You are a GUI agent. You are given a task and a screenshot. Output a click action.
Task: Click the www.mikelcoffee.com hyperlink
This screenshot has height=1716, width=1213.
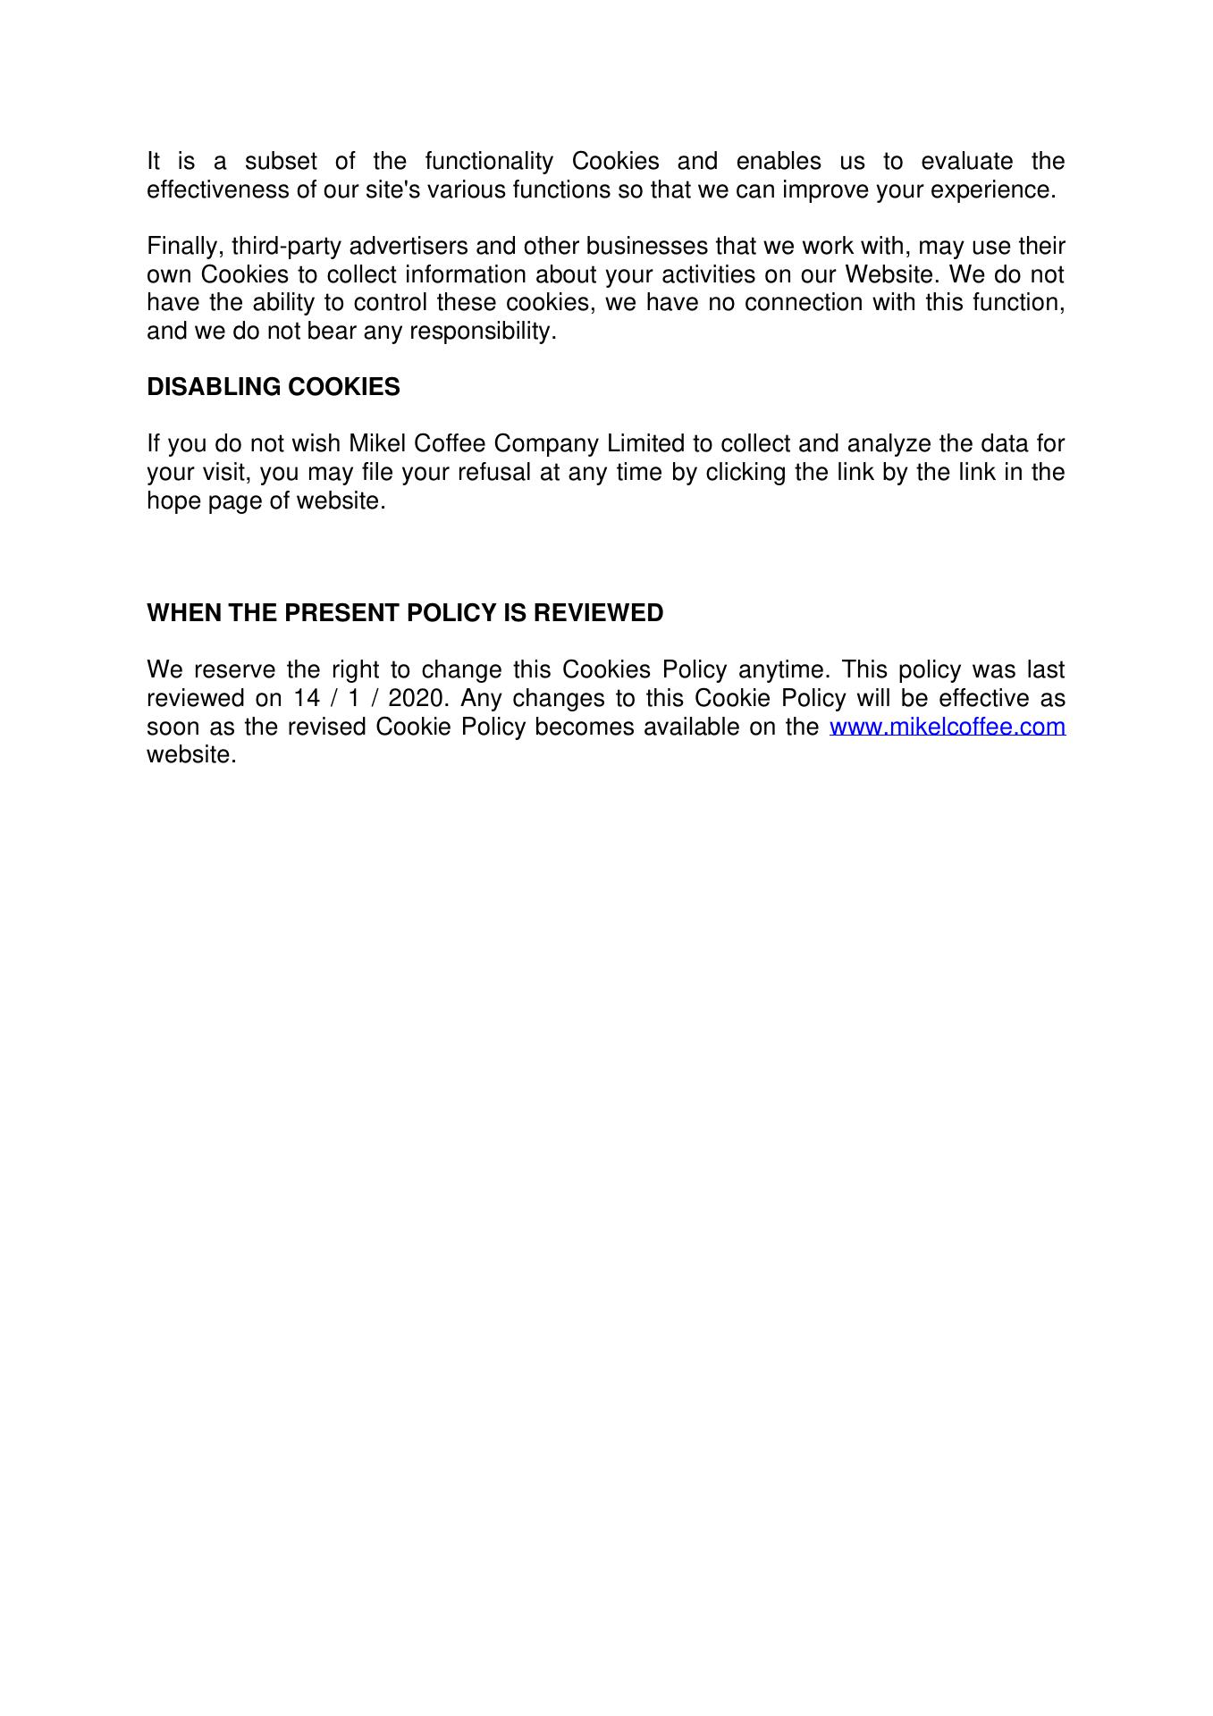[x=948, y=727]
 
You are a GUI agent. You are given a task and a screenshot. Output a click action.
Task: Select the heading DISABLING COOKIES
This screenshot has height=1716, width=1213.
[x=274, y=387]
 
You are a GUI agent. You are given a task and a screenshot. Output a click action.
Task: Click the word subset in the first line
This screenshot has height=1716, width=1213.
[x=281, y=162]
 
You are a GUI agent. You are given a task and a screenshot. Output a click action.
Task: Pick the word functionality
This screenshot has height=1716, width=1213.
[x=489, y=162]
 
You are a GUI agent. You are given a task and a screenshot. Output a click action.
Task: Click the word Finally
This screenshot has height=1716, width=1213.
[x=185, y=246]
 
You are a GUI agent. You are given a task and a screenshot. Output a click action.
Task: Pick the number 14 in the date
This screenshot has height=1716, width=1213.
[x=307, y=698]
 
